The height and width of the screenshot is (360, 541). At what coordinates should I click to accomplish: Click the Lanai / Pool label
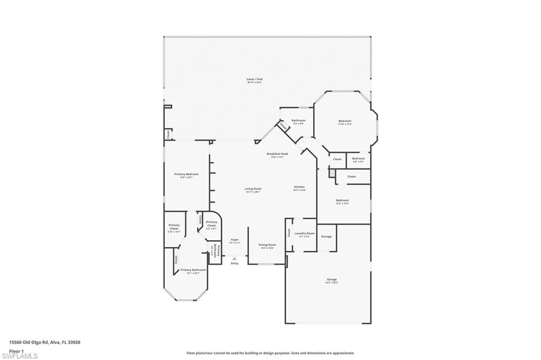click(254, 79)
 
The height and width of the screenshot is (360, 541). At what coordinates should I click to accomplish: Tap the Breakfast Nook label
click(277, 154)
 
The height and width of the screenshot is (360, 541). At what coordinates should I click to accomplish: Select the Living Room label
click(253, 188)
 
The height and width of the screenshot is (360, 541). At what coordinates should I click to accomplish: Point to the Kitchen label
click(300, 187)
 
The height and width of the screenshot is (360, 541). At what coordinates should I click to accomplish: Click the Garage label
click(331, 279)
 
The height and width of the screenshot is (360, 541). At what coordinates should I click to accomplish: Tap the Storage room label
click(327, 236)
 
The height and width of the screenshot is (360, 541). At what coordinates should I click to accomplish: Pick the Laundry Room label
click(304, 233)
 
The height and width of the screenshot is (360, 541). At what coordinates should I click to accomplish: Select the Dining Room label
click(267, 245)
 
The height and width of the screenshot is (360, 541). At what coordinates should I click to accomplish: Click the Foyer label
click(235, 240)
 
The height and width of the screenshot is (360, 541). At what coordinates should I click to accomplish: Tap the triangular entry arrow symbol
click(235, 258)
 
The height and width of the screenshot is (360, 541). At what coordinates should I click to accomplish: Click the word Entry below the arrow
click(235, 263)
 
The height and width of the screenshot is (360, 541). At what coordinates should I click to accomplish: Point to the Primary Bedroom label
click(186, 174)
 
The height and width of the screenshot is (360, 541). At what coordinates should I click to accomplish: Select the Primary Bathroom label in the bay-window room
click(193, 270)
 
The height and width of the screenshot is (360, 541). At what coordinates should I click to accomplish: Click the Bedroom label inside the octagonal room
click(344, 121)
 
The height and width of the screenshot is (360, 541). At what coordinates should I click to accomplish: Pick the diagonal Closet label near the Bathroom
click(283, 127)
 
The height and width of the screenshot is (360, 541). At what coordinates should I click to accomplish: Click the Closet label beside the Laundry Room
click(289, 232)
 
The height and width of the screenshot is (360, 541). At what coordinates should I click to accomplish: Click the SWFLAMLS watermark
click(19, 355)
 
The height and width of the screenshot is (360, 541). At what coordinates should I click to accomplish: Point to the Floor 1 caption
click(16, 350)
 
